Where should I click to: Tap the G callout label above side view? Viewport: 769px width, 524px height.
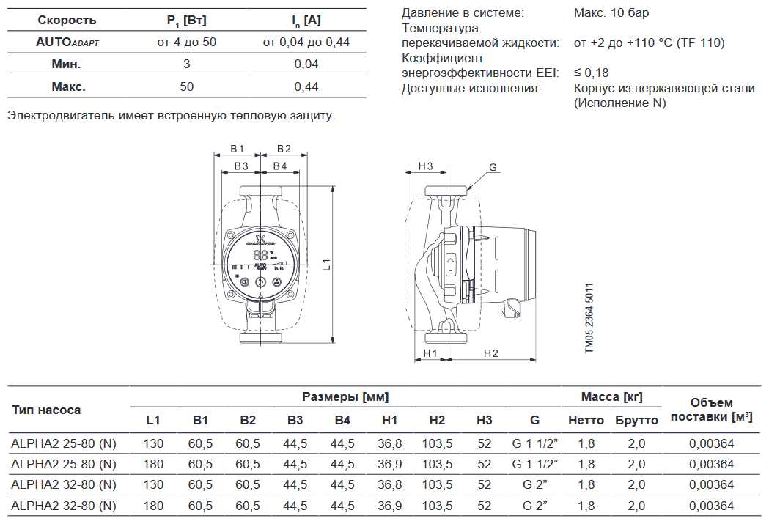(x=493, y=168)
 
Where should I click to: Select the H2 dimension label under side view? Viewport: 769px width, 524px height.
(x=490, y=353)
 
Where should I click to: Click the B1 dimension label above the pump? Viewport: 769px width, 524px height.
(x=237, y=149)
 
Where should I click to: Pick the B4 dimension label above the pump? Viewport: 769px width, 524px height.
(x=279, y=166)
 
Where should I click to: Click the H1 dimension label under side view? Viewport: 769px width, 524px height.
(x=430, y=353)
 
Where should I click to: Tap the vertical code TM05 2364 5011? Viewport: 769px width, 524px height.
(x=589, y=320)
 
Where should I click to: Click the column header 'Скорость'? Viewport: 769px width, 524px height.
(x=67, y=20)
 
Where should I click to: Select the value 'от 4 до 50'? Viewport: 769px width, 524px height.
(x=187, y=42)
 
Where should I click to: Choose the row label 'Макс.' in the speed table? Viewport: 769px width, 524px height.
(x=68, y=86)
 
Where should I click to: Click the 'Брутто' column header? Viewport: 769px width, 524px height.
(x=636, y=420)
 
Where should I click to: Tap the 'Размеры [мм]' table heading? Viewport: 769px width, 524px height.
(x=345, y=396)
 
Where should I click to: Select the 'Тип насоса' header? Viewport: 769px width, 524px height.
(x=46, y=410)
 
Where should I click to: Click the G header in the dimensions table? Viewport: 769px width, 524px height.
(x=534, y=420)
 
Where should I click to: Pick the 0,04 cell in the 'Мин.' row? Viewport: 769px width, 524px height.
(x=306, y=64)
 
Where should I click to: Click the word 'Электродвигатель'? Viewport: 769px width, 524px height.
(x=55, y=115)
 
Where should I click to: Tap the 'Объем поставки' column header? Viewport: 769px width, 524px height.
(x=711, y=410)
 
